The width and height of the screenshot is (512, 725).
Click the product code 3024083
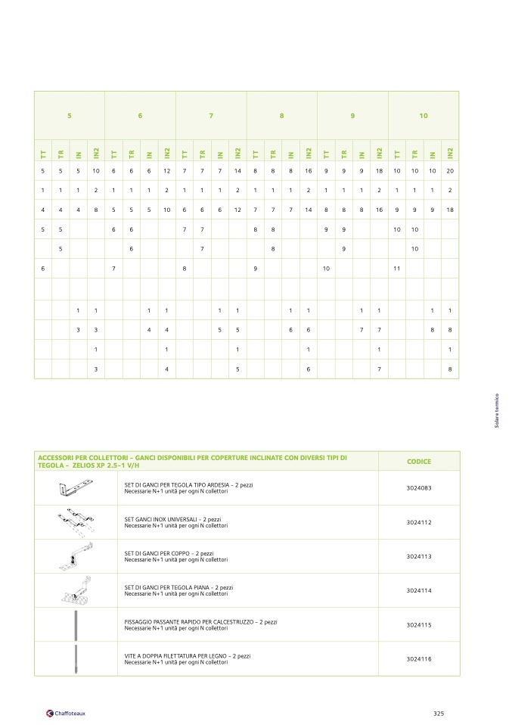point(418,489)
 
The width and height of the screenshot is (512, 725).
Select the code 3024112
point(418,523)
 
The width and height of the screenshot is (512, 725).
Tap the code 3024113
point(418,556)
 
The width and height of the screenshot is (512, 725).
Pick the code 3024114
point(418,590)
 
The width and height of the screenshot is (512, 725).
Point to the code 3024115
point(418,624)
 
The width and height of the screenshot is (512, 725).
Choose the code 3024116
point(418,658)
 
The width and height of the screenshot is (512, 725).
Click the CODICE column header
point(418,461)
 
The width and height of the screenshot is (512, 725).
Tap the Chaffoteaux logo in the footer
point(66,713)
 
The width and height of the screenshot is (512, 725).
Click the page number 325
point(439,713)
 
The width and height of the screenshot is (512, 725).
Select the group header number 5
point(70,116)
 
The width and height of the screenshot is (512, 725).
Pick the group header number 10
point(424,116)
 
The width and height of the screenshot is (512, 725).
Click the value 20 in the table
point(450,171)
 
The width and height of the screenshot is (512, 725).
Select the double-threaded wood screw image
point(76,658)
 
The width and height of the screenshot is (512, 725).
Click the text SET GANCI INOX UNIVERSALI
point(172,520)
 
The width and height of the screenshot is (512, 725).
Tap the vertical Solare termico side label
point(497,412)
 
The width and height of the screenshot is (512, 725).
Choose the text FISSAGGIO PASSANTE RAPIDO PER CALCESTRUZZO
point(200,621)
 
